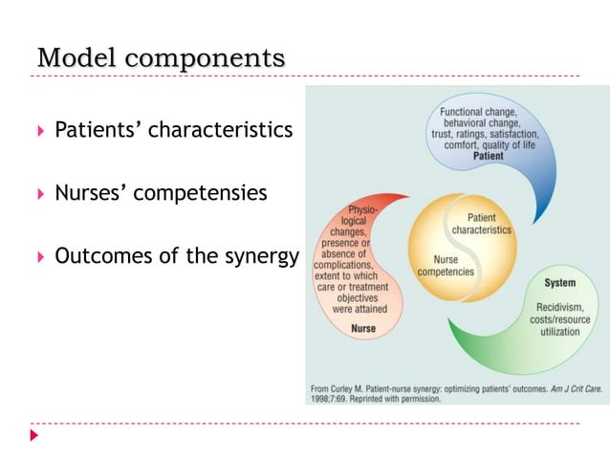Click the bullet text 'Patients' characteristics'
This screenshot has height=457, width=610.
pos(173,129)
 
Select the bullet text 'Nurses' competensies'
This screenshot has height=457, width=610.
pos(161,193)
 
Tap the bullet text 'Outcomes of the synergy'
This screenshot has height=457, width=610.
pos(177,256)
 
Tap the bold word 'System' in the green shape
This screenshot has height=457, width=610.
pos(559,283)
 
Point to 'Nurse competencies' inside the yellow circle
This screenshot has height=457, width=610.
pos(447,265)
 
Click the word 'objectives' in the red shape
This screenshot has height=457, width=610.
pos(359,297)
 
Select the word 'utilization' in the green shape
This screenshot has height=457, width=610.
pos(560,331)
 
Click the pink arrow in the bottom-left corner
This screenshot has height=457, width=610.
pos(35,435)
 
